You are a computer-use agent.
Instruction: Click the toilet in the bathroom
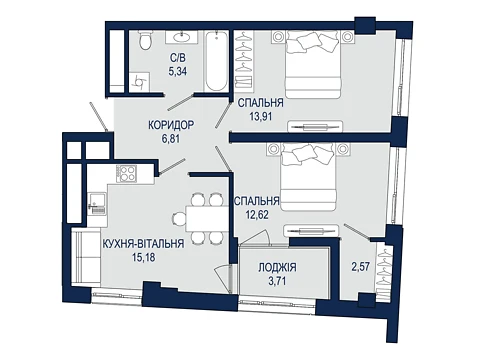coord(145,41)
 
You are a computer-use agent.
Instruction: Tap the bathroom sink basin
coord(182,37)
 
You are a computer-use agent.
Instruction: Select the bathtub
coord(216,61)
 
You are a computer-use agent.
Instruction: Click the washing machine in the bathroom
coord(140,82)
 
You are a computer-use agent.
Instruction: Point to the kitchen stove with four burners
coord(126,174)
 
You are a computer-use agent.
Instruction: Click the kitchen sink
coord(97,204)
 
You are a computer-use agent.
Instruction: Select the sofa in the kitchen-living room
coord(86,256)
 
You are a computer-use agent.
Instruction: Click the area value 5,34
coord(178,71)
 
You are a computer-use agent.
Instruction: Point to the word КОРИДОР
coord(171,125)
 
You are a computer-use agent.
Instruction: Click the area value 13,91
coord(261,116)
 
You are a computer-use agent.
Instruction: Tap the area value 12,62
coord(256,214)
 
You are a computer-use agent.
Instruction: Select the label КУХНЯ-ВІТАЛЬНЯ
coord(144,244)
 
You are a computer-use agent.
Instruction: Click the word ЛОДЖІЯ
coord(277,268)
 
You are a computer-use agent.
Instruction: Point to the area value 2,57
coord(361,267)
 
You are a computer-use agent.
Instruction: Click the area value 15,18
coord(144,257)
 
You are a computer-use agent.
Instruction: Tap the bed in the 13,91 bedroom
coord(313,64)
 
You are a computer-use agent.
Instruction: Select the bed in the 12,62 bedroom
coord(308,177)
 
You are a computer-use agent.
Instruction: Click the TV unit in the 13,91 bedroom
coord(315,126)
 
